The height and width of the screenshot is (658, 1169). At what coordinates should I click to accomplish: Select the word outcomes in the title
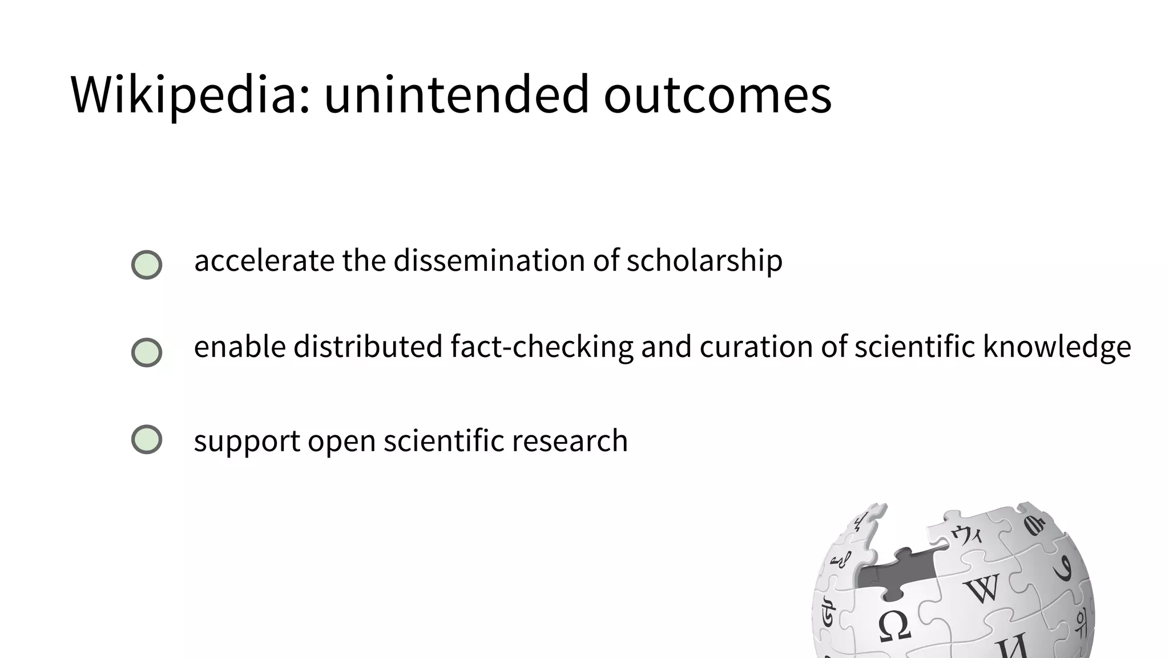point(717,94)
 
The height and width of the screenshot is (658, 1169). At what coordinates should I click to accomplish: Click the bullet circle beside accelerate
point(147,264)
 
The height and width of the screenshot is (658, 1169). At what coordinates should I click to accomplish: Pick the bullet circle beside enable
point(147,352)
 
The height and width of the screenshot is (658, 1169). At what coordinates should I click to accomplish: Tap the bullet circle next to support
point(147,439)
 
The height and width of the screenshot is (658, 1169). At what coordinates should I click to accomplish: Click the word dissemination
point(489,260)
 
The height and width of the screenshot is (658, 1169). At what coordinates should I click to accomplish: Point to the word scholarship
point(704,260)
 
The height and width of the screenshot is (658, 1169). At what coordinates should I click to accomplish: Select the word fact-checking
point(542,347)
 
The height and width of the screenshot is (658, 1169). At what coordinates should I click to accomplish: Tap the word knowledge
point(1057,347)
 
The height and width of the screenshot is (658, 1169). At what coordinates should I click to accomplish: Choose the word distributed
point(368,347)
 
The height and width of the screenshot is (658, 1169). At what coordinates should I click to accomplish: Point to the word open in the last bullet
point(341,441)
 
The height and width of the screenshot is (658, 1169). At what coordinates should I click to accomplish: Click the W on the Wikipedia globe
point(983,588)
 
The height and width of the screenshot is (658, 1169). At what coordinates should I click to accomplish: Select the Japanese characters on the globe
point(967,535)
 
